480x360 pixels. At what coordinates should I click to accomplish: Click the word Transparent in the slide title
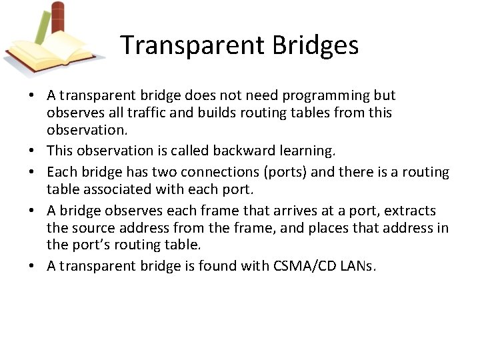point(191,45)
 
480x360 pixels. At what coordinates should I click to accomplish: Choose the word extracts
point(410,211)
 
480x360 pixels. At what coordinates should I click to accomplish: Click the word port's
point(95,245)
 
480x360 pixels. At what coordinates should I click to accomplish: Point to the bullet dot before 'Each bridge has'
point(33,173)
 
